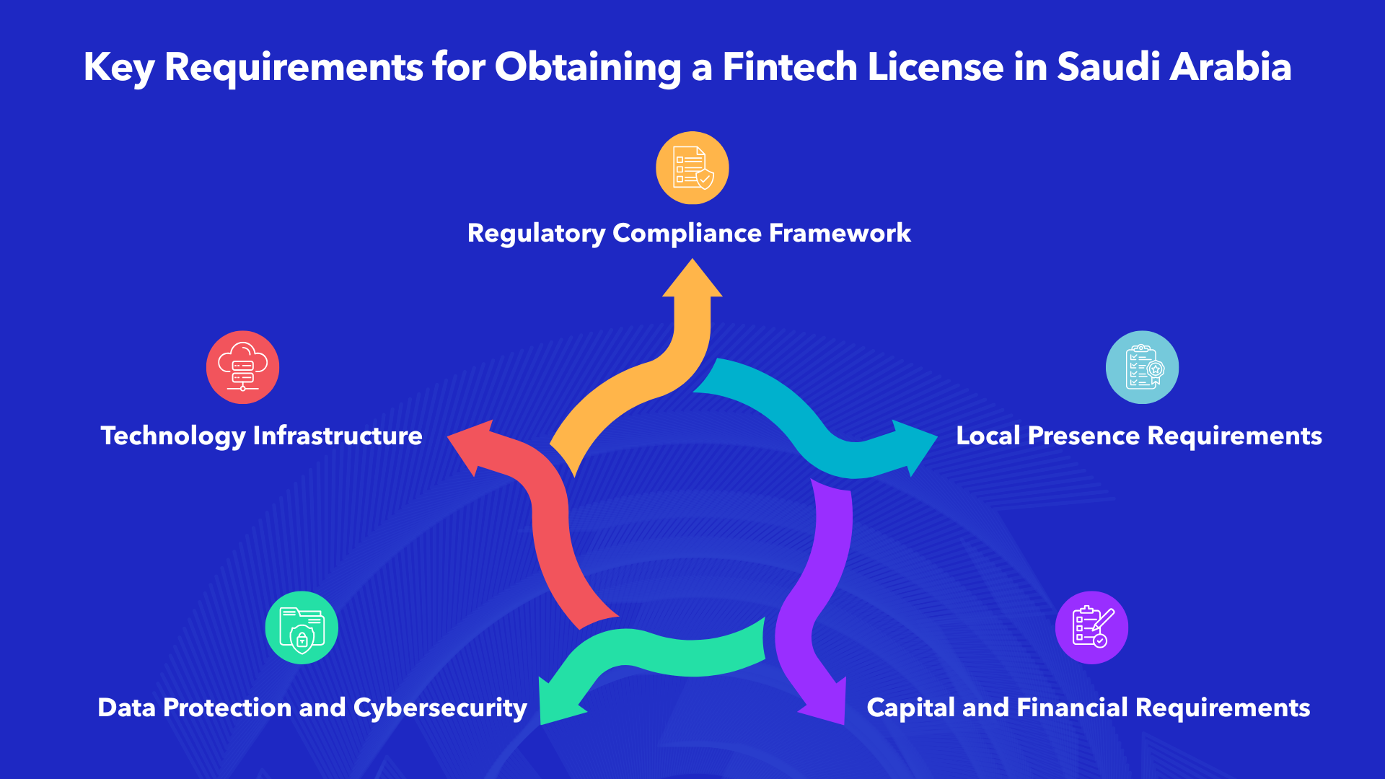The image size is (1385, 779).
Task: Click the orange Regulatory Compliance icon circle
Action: (x=692, y=168)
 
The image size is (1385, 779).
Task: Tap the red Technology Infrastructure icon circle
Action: (x=242, y=367)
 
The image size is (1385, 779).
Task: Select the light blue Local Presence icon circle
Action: (x=1142, y=367)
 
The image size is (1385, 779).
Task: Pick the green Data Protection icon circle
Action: (x=302, y=628)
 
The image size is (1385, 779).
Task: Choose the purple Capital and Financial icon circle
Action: (x=1091, y=628)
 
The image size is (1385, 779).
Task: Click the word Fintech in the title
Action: (x=790, y=66)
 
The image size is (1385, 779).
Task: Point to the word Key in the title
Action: (x=119, y=68)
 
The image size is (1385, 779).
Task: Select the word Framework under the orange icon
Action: (x=840, y=233)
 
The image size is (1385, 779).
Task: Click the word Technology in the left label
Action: (x=173, y=436)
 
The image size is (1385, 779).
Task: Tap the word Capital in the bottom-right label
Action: (x=910, y=708)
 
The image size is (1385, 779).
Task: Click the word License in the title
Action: (x=936, y=66)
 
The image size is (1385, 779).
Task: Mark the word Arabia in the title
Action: (x=1231, y=66)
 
